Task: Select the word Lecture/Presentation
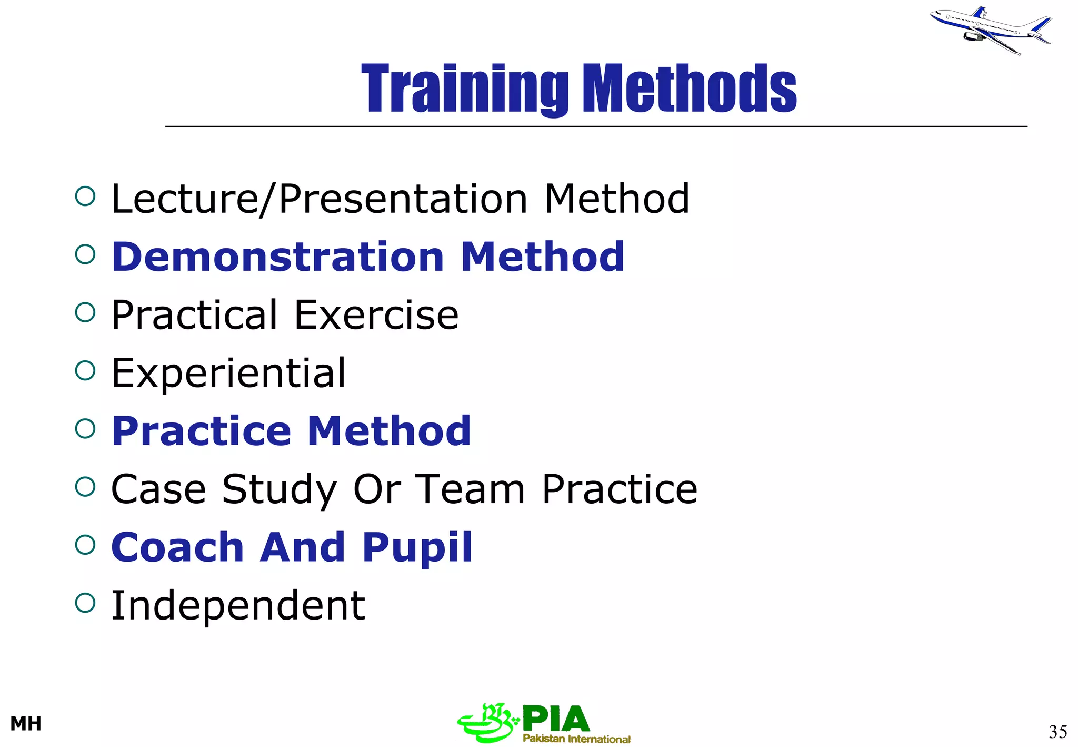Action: click(319, 199)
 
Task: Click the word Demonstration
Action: click(278, 257)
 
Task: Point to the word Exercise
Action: click(376, 315)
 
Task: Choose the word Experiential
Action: click(228, 373)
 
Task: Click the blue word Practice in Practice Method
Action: click(201, 431)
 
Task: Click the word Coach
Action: click(177, 547)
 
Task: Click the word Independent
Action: click(238, 606)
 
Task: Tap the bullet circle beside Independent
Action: click(85, 603)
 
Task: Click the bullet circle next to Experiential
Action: click(85, 370)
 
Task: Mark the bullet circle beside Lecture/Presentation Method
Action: click(85, 196)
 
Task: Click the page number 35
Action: click(1057, 732)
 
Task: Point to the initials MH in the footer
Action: click(26, 724)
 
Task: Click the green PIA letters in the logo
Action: click(556, 719)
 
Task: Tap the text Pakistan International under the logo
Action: click(576, 739)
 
